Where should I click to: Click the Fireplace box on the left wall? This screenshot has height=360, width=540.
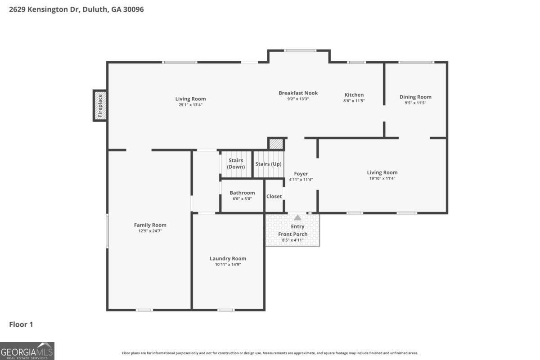point(100,105)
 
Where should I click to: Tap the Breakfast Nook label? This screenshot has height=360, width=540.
point(298,93)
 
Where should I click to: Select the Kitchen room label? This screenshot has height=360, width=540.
point(354,95)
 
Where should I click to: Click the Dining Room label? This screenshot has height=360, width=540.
point(415,97)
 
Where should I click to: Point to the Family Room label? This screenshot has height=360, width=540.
point(150,225)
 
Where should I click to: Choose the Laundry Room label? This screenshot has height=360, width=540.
point(228,258)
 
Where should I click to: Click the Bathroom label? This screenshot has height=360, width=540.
point(242,193)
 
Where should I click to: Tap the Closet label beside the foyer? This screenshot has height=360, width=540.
point(274,196)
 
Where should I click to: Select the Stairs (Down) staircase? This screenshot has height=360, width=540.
point(236,164)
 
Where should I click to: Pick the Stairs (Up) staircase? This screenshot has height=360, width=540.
point(269,164)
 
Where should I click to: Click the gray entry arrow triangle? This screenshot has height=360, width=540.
point(297,218)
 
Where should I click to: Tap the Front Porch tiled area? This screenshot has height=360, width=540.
point(292,234)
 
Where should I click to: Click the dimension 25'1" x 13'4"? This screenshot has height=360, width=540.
point(190,105)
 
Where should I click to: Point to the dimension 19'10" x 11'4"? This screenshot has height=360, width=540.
point(382,178)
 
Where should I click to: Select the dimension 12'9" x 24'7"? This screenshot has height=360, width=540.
point(150,231)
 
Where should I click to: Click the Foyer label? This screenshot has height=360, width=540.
point(301,174)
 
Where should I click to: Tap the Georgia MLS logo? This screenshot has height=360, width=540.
point(27,351)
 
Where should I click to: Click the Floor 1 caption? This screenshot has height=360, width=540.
point(21,324)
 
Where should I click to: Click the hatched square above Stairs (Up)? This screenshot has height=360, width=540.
point(276,144)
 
